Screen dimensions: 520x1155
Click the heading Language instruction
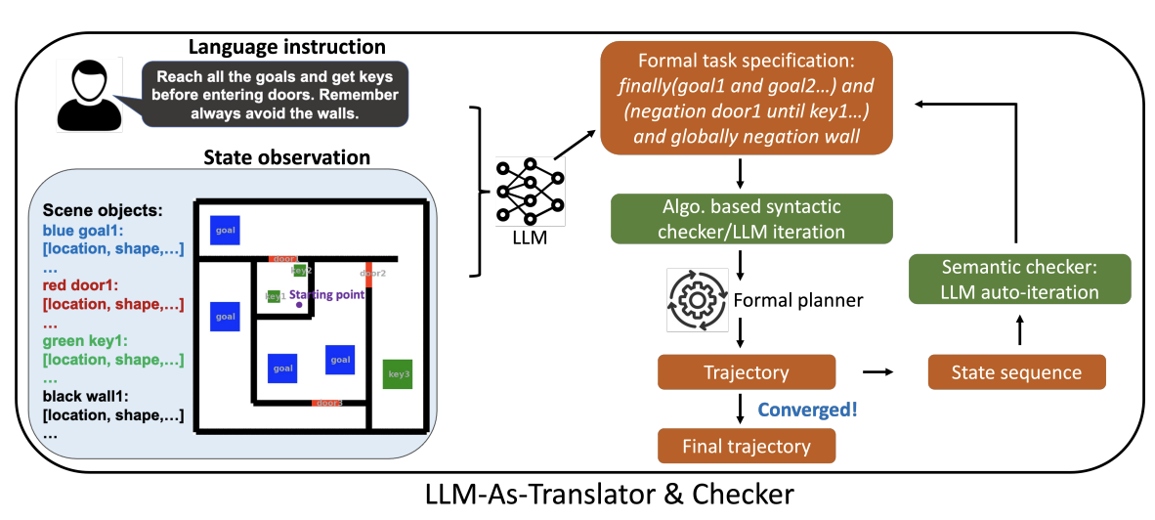(x=286, y=46)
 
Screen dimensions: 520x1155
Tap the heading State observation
(x=286, y=157)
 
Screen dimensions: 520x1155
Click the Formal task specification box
(x=749, y=98)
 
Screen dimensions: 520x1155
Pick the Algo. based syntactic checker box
(x=749, y=220)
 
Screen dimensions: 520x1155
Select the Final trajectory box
(x=749, y=447)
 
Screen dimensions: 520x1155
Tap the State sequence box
(x=1017, y=372)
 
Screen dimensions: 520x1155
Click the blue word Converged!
(x=808, y=410)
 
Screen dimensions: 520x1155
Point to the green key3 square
(x=399, y=374)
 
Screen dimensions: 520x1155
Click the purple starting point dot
(x=299, y=306)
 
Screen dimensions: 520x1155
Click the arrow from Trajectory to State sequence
(x=878, y=372)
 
